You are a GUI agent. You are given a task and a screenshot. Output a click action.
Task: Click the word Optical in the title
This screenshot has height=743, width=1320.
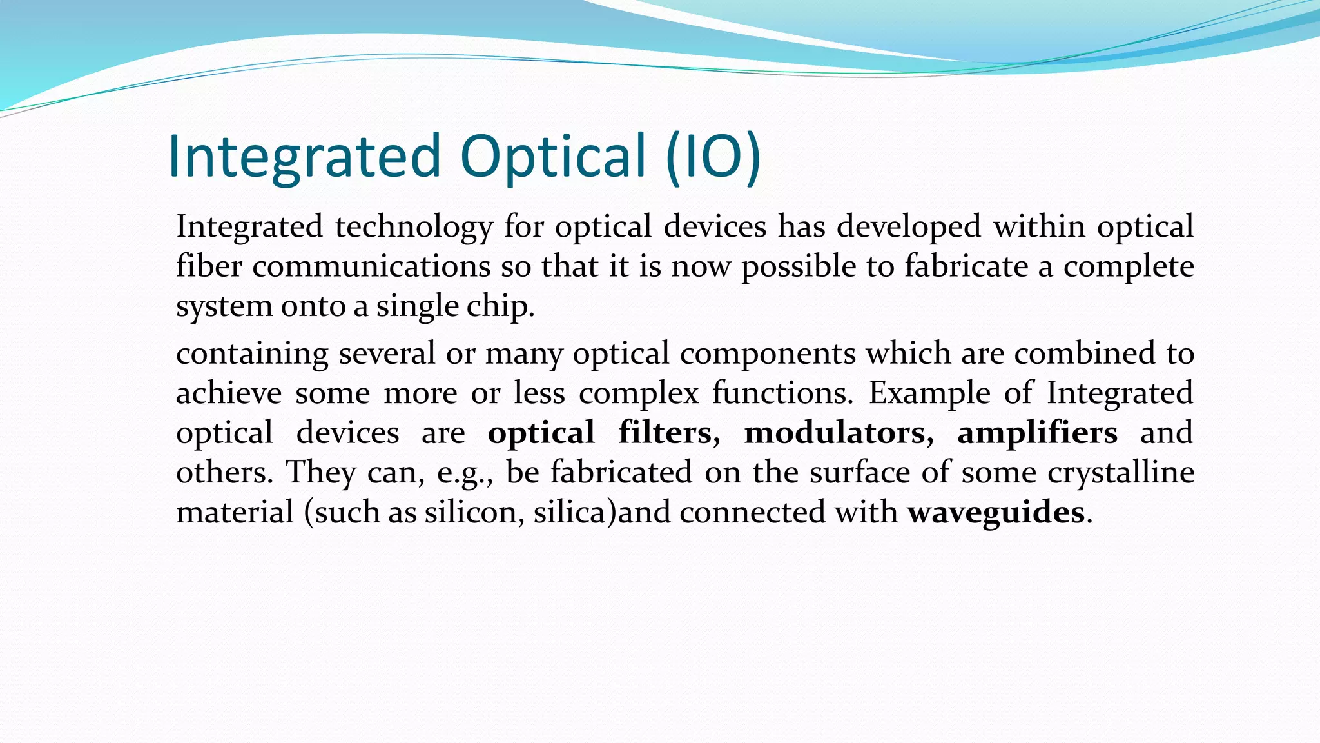tap(553, 157)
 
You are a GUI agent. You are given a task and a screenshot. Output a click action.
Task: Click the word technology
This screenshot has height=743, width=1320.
tap(414, 228)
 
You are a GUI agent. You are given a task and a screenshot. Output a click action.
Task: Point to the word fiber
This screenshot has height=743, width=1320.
tap(209, 267)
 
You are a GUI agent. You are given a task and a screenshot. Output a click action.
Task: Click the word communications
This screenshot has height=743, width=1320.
tap(371, 267)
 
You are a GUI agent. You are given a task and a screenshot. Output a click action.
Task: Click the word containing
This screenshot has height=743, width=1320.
tap(252, 354)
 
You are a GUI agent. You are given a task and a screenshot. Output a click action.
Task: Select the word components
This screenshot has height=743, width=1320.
tap(768, 354)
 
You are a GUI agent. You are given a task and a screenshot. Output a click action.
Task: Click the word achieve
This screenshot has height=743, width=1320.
tap(229, 393)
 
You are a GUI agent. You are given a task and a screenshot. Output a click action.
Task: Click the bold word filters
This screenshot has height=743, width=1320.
tap(668, 433)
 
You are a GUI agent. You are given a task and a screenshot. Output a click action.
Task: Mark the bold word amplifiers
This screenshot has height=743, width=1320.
tap(1037, 433)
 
